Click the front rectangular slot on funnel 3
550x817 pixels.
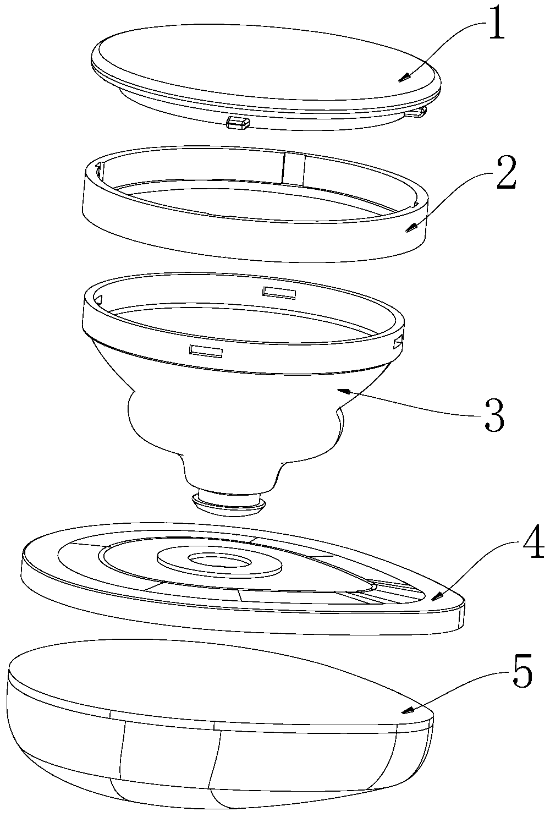(205, 349)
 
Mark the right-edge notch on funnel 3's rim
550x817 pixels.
(398, 344)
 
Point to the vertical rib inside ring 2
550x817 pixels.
(293, 168)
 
